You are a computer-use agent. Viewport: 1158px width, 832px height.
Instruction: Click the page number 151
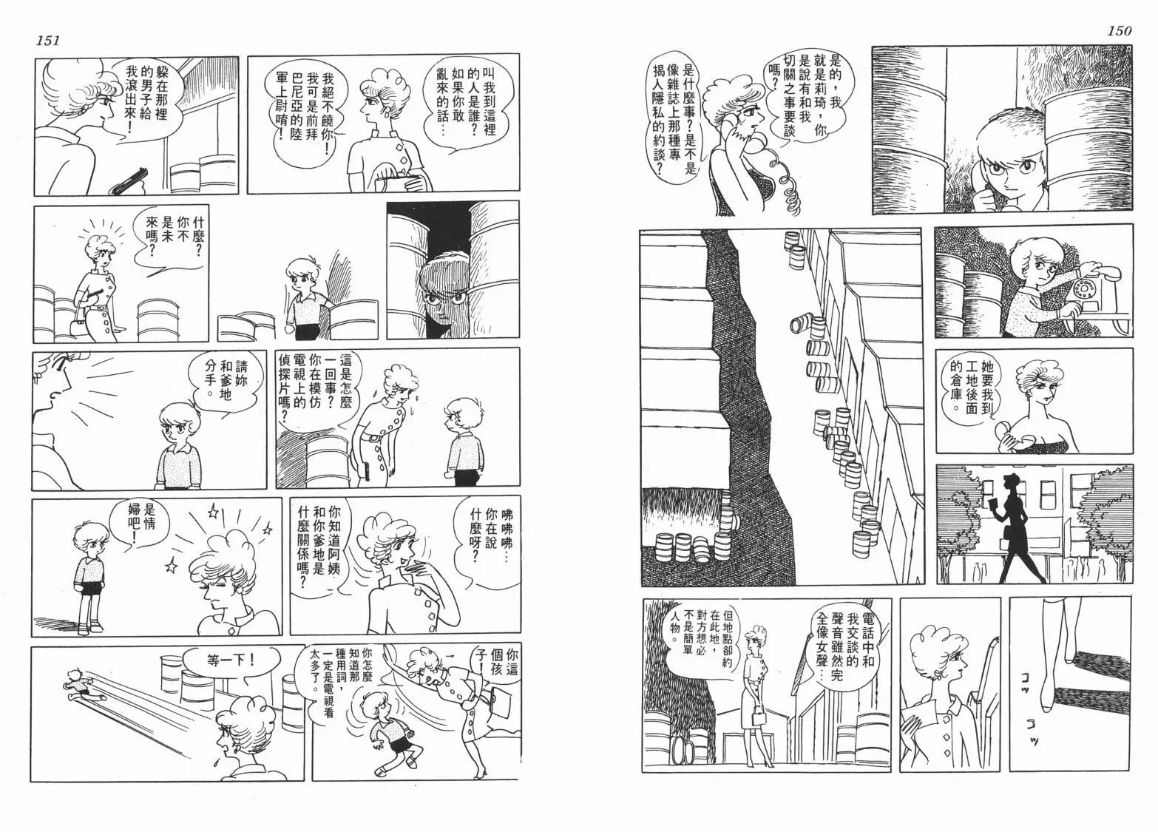48,41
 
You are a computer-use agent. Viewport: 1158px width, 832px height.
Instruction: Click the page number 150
1120,30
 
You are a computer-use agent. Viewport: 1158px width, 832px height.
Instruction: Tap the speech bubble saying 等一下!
231,661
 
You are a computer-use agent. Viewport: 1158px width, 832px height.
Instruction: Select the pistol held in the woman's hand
129,181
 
